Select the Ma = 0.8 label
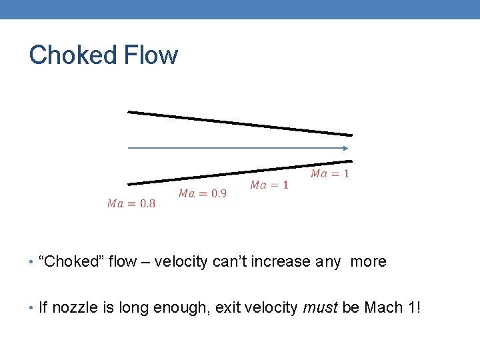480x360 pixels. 131,203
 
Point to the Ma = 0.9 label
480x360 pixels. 203,193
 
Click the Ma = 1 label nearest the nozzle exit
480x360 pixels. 330,173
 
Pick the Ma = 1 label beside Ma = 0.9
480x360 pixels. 269,185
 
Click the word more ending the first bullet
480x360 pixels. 369,261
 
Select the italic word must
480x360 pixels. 321,307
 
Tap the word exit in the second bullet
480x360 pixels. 228,307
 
